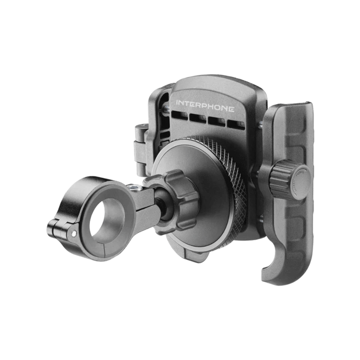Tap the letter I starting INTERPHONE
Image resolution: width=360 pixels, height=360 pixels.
pyautogui.click(x=177, y=103)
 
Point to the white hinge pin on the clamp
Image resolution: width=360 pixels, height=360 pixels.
pyautogui.click(x=73, y=234)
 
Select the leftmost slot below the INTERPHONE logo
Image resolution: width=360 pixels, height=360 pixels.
pyautogui.click(x=180, y=115)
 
